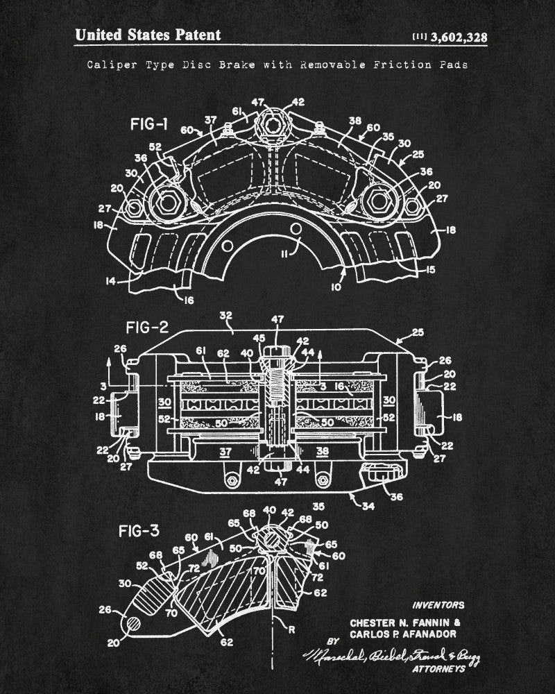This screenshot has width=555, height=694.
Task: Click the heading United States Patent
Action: pyautogui.click(x=147, y=35)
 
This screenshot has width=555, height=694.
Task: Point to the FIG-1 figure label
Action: pyautogui.click(x=148, y=125)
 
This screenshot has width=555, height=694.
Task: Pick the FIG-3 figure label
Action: pyautogui.click(x=138, y=533)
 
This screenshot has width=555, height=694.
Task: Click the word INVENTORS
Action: pyautogui.click(x=438, y=605)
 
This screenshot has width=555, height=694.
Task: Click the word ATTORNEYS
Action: pyautogui.click(x=438, y=669)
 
